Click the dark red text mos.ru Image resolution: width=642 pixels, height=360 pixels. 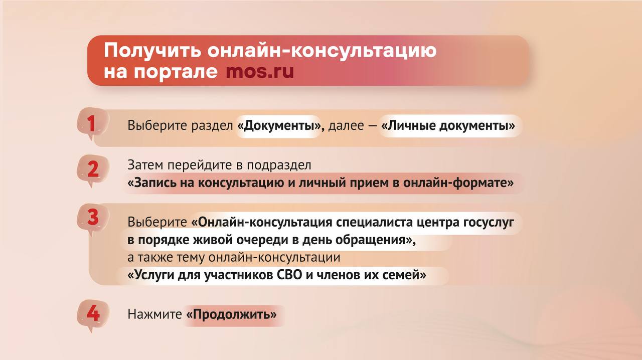pos(260,71)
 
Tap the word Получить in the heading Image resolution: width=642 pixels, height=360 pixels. pos(153,51)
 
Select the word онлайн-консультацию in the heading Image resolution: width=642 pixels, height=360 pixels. pos(322,50)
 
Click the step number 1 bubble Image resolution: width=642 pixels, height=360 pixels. pos(92,124)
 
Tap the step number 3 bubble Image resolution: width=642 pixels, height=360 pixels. pos(92,219)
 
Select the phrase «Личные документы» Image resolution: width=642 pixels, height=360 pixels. pos(448,126)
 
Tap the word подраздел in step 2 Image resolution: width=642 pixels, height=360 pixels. pos(279,165)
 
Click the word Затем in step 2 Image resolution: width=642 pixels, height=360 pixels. pos(145,165)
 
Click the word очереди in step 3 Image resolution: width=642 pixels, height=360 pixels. pos(262,240)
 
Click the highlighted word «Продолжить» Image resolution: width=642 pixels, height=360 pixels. pos(231,315)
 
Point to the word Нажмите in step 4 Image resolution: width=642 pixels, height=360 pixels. pos(155,314)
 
